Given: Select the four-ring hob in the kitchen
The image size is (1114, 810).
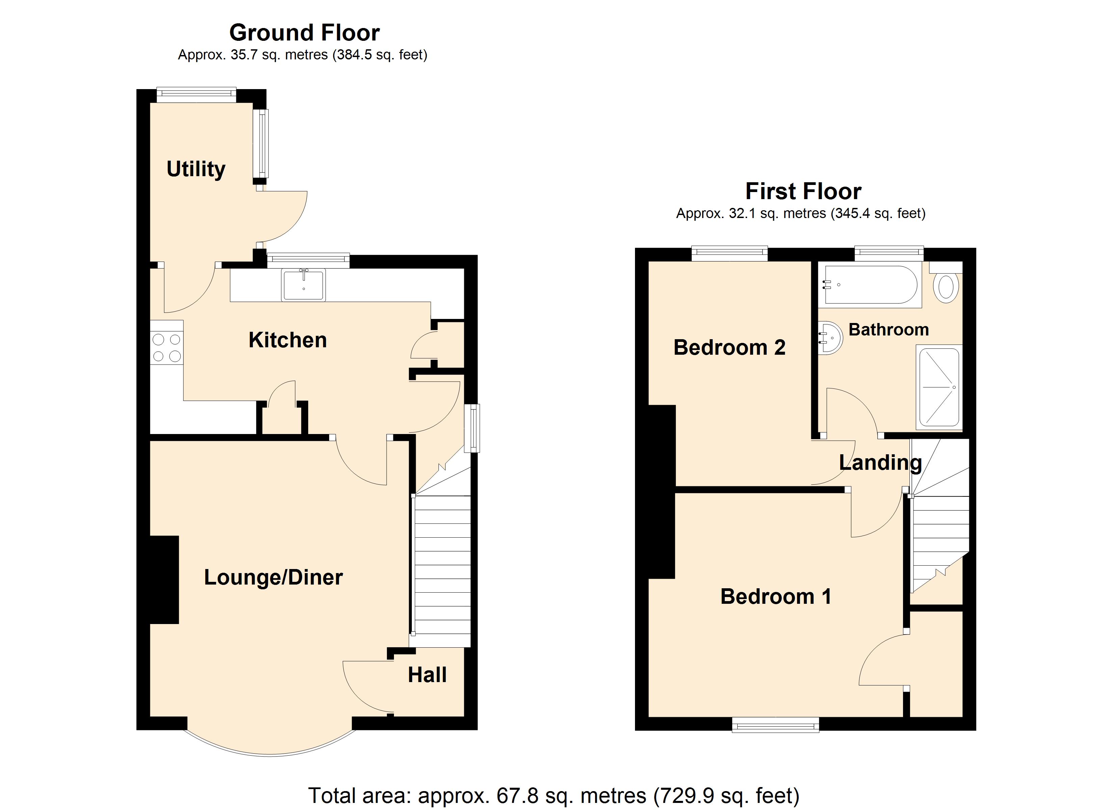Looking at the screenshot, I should (x=166, y=347).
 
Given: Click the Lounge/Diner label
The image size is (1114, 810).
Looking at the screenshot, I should (x=273, y=577).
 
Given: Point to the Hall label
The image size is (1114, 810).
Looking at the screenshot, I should (x=427, y=675).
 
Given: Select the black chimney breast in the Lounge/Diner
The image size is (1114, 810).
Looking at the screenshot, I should (x=164, y=579).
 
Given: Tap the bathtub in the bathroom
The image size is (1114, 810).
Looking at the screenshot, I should (x=870, y=285).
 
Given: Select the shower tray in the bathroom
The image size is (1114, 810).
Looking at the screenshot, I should (x=939, y=387).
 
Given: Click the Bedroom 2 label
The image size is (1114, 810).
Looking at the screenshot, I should (x=729, y=347).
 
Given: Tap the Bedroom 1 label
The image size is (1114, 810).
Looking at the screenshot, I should (x=775, y=596).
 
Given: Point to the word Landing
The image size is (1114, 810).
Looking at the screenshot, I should (x=880, y=463).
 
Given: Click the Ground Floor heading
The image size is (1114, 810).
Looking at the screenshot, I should (x=304, y=33).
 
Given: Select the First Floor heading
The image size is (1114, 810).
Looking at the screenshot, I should (x=803, y=191).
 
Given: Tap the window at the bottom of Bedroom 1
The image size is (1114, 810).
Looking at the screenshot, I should (x=775, y=725).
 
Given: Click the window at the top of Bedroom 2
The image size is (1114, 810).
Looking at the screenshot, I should (x=730, y=253).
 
